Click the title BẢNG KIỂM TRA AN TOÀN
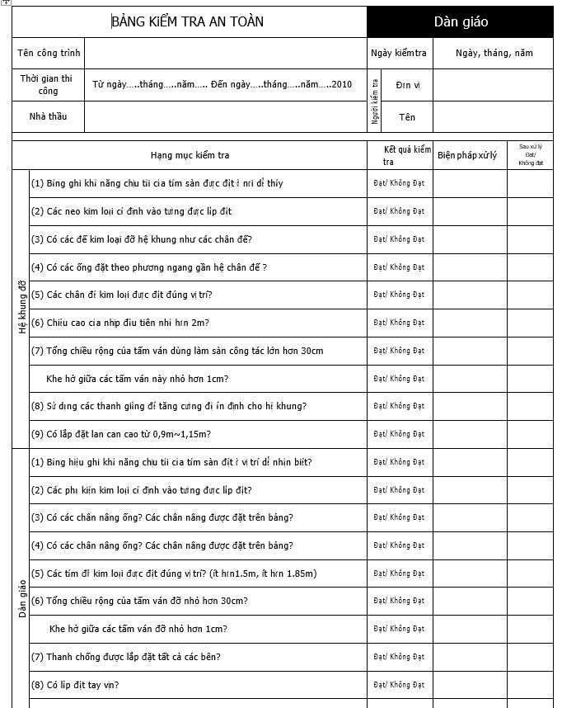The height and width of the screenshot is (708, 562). (x=188, y=21)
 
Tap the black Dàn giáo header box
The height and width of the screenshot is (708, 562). (x=460, y=22)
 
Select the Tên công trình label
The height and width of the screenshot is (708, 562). (x=49, y=53)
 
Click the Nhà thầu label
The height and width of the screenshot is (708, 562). (x=49, y=116)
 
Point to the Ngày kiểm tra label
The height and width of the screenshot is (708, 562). (x=399, y=53)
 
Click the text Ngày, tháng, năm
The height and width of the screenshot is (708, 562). (x=494, y=53)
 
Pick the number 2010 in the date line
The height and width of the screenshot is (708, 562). (x=341, y=84)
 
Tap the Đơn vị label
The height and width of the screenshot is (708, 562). (x=408, y=85)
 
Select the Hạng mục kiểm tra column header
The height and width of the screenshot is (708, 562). (x=190, y=155)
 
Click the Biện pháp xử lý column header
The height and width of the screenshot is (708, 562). (x=467, y=155)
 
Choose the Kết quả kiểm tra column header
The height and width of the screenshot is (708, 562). (x=400, y=155)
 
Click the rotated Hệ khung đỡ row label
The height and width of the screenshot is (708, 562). (x=22, y=308)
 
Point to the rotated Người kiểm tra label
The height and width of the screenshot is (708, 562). (x=375, y=101)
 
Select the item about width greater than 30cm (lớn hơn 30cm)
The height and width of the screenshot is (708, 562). (x=176, y=351)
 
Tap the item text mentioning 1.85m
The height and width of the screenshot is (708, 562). (x=173, y=573)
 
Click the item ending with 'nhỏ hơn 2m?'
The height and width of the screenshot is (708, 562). (x=120, y=323)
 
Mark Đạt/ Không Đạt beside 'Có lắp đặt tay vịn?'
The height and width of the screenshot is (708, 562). (x=399, y=685)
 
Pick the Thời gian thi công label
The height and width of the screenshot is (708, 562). (x=49, y=84)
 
